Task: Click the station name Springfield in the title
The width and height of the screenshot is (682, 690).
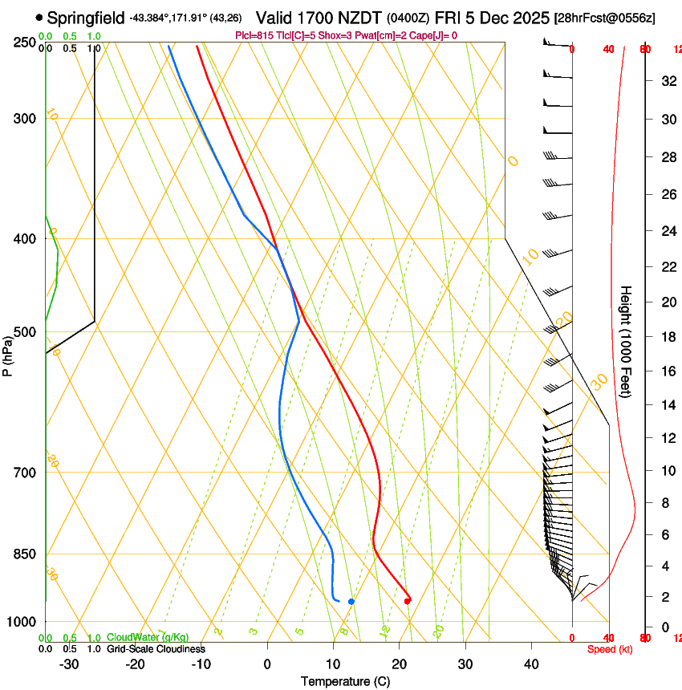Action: coord(86,17)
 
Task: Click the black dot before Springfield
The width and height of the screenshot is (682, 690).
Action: coord(39,17)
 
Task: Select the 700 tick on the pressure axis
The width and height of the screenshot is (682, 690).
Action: coord(26,473)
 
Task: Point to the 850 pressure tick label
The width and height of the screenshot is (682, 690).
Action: coord(26,554)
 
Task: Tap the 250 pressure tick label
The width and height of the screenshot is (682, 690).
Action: coord(26,42)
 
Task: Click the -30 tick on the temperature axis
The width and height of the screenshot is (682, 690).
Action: coord(70,664)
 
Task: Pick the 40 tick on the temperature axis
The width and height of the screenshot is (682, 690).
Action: coord(531,664)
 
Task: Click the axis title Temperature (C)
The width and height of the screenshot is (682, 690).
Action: coord(345,681)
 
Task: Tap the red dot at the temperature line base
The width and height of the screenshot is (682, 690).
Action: coord(408,600)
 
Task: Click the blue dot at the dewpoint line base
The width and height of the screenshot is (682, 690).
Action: coord(351,601)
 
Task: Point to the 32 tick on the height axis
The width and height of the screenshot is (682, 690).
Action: coord(668,81)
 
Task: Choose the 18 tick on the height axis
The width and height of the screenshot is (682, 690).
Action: coord(668,337)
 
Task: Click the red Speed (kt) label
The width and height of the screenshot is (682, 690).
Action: coord(610,649)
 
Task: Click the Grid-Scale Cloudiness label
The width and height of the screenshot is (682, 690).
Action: coord(156,649)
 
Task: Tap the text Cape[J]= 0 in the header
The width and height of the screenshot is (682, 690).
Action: coord(434,35)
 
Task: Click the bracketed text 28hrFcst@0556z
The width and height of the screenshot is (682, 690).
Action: coord(599,18)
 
